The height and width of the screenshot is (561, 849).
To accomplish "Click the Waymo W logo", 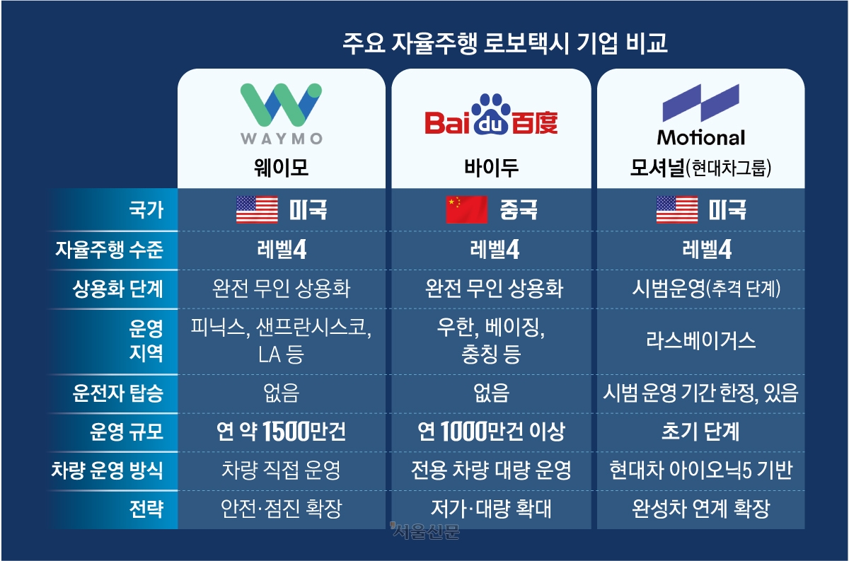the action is tap(282, 105).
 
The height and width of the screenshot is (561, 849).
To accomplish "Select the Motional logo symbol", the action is tap(701, 103).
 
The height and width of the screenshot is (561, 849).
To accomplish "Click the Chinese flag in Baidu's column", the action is tap(466, 209).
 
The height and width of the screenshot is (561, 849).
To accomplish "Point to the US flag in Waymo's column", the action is tap(257, 209).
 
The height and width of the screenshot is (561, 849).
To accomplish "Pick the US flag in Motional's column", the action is tap(677, 209).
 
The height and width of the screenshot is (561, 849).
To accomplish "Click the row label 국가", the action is tap(146, 210).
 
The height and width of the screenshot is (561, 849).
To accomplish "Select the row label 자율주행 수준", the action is tap(109, 250).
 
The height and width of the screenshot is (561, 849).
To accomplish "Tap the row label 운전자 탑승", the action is tap(118, 393).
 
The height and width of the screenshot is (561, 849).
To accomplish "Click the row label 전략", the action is tap(146, 509).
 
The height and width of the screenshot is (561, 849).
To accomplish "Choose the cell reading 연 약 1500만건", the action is tap(281, 432).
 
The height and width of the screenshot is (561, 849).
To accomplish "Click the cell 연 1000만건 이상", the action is tap(491, 432).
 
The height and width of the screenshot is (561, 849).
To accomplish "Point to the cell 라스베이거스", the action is tap(701, 341).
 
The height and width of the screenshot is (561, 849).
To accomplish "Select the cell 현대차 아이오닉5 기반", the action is tap(701, 470).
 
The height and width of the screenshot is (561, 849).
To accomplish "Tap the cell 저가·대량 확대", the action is tap(491, 509).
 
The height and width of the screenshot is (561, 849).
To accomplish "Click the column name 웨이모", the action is tap(282, 168).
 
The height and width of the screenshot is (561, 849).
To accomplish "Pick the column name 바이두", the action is tap(491, 168).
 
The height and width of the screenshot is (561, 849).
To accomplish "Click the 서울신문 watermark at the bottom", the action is tap(424, 531).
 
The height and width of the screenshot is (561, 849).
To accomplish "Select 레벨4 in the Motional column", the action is tap(707, 250).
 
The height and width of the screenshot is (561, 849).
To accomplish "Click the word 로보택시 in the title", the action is tap(526, 43).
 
